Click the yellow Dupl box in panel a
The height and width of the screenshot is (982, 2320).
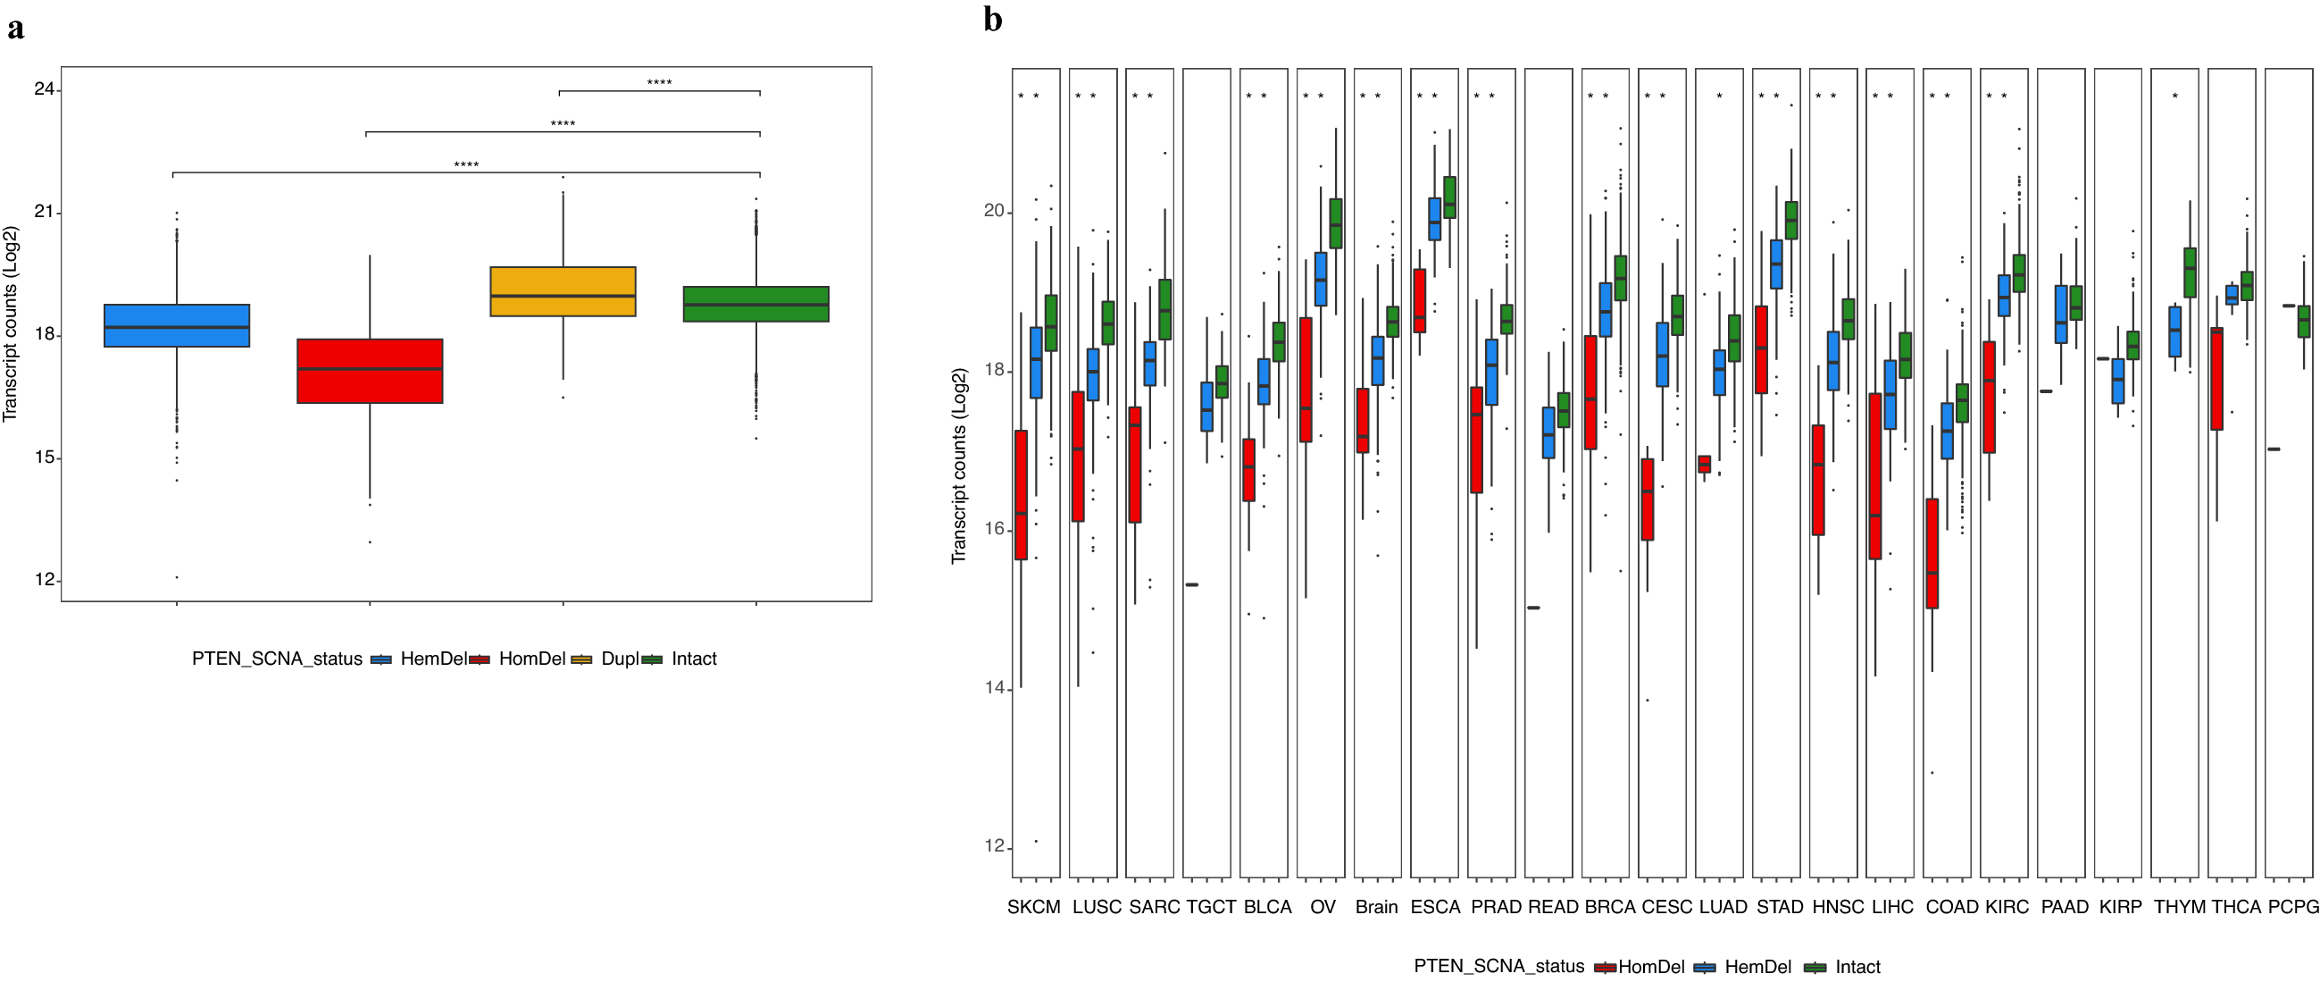(x=563, y=291)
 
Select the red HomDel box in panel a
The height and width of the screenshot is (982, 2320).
(x=370, y=370)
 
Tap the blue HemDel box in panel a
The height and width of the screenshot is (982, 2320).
(x=177, y=325)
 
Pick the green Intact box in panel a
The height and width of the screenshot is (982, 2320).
(x=755, y=304)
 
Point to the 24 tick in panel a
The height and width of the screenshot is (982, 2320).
(x=44, y=88)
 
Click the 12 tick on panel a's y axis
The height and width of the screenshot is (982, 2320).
(x=44, y=579)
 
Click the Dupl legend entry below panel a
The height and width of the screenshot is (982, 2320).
(x=619, y=659)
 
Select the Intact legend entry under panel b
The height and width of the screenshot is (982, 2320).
(x=1857, y=967)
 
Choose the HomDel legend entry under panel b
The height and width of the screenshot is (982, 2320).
(x=1650, y=967)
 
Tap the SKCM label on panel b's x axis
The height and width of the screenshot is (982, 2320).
(x=1033, y=907)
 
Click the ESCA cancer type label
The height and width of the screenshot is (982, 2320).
(x=1435, y=907)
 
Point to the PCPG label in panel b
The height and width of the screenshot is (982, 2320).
(x=2292, y=907)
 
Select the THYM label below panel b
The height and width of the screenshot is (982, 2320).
(x=2179, y=907)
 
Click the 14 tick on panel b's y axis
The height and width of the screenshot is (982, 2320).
(x=993, y=688)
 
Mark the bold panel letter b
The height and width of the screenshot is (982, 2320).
(x=992, y=20)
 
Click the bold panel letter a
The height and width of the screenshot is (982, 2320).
(x=15, y=29)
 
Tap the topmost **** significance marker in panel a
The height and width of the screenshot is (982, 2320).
(x=659, y=83)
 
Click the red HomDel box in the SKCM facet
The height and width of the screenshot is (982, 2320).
(x=1021, y=495)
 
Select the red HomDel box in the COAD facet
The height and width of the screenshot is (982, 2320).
(x=1932, y=553)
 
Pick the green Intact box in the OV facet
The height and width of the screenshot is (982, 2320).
(x=1336, y=223)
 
